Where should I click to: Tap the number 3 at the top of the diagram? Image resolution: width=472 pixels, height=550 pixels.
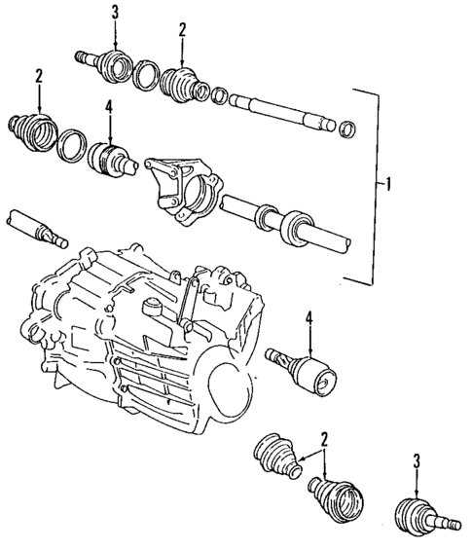click(x=116, y=11)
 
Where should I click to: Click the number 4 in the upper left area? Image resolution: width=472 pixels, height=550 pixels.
click(x=111, y=110)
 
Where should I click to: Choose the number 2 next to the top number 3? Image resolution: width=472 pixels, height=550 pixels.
click(x=181, y=30)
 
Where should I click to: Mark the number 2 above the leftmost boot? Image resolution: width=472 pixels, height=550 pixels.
click(x=38, y=76)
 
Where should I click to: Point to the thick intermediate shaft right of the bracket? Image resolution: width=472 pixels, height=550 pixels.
click(x=282, y=222)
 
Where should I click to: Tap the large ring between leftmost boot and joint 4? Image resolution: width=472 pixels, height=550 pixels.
click(x=71, y=145)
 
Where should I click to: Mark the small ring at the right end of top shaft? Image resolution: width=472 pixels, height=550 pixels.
click(x=345, y=128)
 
